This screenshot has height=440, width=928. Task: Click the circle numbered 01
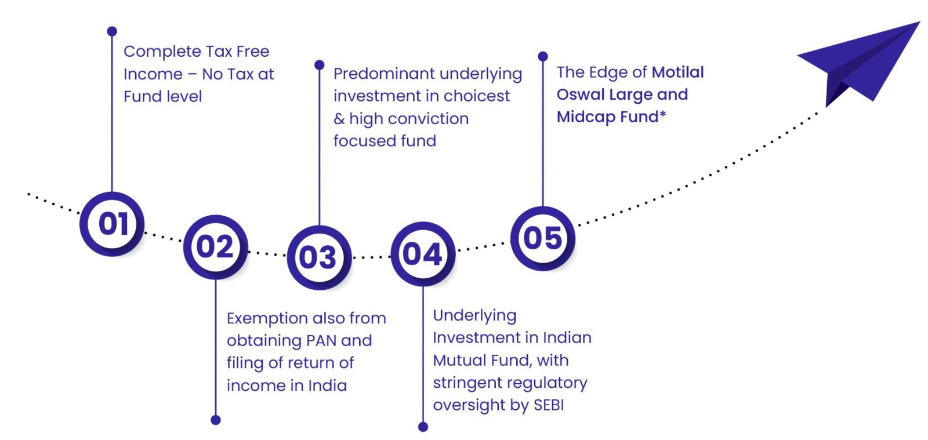click(112, 224)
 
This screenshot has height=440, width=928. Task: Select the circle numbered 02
click(215, 247)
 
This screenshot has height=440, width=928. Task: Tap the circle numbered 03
click(319, 257)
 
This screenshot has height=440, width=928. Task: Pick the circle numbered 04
click(423, 254)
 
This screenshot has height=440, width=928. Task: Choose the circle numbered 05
click(543, 238)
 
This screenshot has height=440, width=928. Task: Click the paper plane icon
click(858, 64)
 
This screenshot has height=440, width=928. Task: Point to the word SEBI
click(549, 405)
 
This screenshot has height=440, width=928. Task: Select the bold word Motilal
click(678, 72)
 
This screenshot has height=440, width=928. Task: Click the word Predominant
click(384, 74)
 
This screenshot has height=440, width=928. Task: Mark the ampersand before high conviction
click(339, 119)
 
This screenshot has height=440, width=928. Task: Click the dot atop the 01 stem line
click(112, 31)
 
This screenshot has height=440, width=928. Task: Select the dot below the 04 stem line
click(423, 427)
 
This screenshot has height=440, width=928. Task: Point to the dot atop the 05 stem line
click(543, 56)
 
